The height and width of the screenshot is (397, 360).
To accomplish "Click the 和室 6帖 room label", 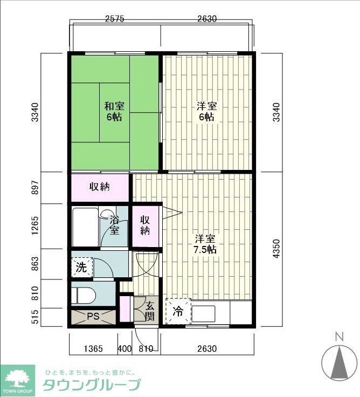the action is point(114,112).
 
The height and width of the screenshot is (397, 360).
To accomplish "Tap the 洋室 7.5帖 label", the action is point(205,244).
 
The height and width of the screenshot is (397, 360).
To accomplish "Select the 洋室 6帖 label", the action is point(207,112).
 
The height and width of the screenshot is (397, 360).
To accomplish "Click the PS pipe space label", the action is point(93,317).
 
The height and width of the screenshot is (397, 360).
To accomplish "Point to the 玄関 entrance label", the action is point(149,312).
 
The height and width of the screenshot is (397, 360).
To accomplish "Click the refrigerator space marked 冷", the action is point(178,311).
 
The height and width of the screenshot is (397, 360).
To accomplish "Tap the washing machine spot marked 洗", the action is point(81,268).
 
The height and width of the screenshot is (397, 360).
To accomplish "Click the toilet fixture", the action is point(83,296).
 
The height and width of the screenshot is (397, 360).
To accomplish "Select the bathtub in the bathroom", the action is point(85,227).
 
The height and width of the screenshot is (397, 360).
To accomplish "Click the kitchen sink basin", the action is point(203,313).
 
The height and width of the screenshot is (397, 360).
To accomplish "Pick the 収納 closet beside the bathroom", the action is point(145,227).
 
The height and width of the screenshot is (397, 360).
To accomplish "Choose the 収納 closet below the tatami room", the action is point(100,187).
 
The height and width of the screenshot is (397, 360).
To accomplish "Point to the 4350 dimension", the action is point(277,249).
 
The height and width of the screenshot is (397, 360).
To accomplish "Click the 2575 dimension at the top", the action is point(115,19).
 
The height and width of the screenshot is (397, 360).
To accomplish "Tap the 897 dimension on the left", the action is point(35,188).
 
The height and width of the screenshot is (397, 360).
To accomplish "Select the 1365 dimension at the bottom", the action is point(93,348).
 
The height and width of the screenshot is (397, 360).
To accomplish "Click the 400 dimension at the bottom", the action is point(124,348).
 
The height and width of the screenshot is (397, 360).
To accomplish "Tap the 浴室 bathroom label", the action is point(114,225).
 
